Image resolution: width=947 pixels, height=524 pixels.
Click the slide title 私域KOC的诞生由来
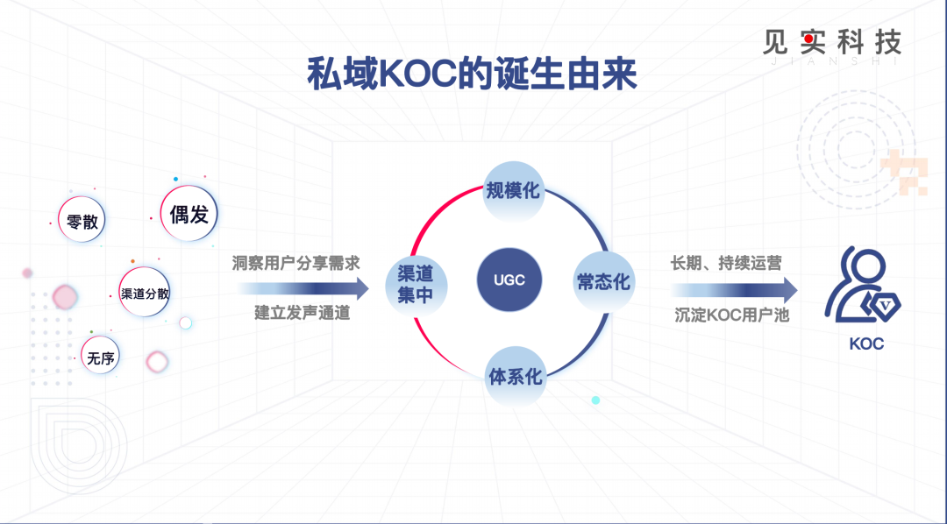point(472,74)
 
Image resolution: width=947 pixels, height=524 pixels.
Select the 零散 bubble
point(82,220)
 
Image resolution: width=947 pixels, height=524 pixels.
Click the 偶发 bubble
point(189,214)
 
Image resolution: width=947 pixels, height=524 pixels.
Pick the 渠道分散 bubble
point(145,293)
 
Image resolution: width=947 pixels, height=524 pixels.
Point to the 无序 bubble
point(100,356)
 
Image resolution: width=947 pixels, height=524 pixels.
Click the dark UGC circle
point(509,280)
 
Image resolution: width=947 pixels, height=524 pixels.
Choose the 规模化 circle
point(513,191)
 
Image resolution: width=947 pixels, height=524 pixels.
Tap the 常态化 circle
point(603,281)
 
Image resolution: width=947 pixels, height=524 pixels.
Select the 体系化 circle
point(516,376)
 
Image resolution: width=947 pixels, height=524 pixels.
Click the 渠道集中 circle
point(416,284)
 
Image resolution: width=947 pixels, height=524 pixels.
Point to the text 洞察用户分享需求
point(296,263)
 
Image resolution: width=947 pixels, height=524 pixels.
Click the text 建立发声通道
point(303,314)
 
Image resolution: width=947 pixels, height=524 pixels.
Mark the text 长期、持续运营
point(726,263)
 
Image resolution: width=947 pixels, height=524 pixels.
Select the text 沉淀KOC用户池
point(732,315)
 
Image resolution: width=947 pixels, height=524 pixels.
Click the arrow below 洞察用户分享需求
point(303,288)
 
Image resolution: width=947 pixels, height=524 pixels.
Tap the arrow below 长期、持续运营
point(735,290)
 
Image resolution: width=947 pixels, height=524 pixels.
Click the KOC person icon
point(861,286)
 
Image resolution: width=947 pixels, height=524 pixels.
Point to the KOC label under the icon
point(866,344)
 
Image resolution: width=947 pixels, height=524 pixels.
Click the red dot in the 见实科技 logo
point(808,38)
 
